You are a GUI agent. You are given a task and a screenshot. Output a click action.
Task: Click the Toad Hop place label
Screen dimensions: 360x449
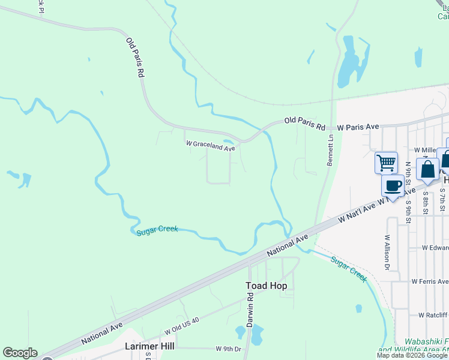click(x=266, y=286)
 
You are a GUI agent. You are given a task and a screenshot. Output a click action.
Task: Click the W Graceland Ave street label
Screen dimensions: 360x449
click(x=210, y=145)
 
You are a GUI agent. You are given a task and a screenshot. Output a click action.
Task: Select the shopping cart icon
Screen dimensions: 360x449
click(x=386, y=162)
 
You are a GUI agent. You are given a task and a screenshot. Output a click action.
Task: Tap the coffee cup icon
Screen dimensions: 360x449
click(x=393, y=185)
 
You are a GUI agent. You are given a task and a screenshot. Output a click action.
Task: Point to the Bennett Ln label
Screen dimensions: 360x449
click(x=330, y=151)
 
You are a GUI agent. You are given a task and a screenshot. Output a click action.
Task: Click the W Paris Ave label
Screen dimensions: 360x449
click(x=358, y=127)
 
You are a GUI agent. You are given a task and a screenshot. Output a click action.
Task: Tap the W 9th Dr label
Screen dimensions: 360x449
click(x=228, y=349)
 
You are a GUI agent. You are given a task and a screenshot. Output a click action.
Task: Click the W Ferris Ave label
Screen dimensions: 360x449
click(x=429, y=281)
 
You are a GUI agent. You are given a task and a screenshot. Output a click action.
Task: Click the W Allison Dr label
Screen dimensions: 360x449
click(x=387, y=251)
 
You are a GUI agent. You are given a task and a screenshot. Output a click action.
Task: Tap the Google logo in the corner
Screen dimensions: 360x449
click(x=19, y=353)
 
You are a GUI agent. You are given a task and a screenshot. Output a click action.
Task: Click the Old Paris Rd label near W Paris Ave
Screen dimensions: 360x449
click(x=304, y=124)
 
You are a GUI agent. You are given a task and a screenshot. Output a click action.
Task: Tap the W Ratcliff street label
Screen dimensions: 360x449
click(x=429, y=314)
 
